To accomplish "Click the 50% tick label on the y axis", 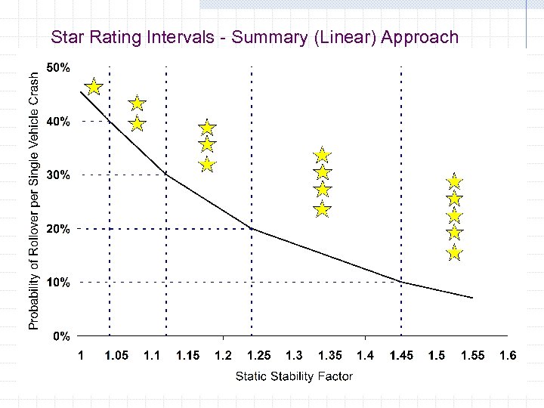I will (x=59, y=68).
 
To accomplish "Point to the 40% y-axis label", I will (x=59, y=121).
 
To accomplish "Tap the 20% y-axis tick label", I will (x=59, y=229).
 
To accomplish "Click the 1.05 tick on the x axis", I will (x=116, y=355).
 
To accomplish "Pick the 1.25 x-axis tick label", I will (x=258, y=355).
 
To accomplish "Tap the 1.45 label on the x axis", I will (x=401, y=355).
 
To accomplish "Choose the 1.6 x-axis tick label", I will (x=508, y=355).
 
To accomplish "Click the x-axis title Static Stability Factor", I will (x=294, y=376).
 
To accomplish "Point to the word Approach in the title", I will (x=420, y=37).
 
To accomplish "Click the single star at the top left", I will (x=94, y=87).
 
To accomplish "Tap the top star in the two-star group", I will (x=137, y=104).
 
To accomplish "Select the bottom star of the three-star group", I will (x=207, y=164).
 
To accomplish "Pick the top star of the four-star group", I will (x=323, y=156).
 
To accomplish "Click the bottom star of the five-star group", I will (x=454, y=252).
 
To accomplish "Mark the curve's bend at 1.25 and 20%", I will (x=252, y=228).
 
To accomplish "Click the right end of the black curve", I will (x=473, y=298).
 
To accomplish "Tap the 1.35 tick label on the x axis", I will (x=329, y=355).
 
